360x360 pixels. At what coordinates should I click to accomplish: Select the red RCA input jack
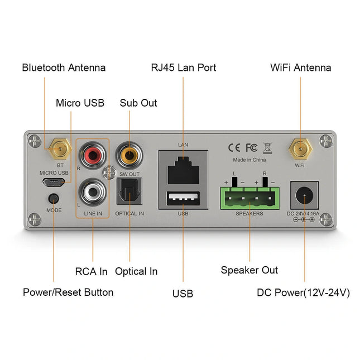(92, 153)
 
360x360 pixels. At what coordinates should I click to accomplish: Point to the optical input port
(129, 193)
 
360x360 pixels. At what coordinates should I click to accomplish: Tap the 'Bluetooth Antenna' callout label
(64, 68)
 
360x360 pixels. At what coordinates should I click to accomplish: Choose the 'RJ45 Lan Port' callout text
(183, 68)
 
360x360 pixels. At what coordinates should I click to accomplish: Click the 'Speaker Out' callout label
(249, 270)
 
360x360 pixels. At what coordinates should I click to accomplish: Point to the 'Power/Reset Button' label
(68, 292)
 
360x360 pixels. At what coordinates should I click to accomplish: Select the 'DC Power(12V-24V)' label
(303, 292)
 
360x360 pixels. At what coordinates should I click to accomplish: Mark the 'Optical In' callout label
(136, 271)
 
